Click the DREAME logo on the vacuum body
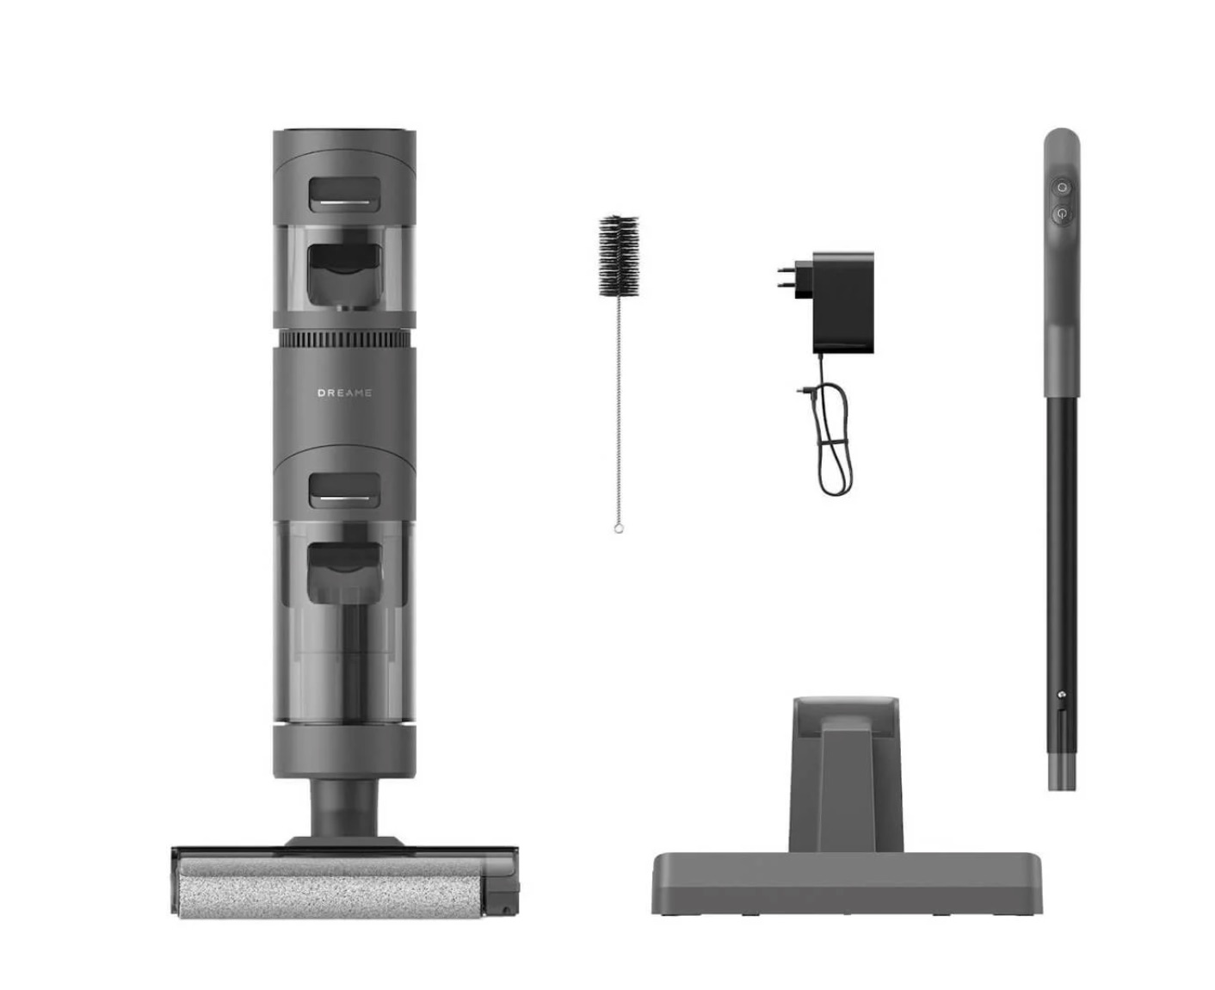[344, 393]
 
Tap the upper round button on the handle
[1062, 187]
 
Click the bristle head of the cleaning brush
[619, 257]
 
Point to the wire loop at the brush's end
[619, 529]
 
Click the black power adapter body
[843, 302]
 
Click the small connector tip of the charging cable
[801, 391]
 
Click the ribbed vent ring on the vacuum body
[344, 340]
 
